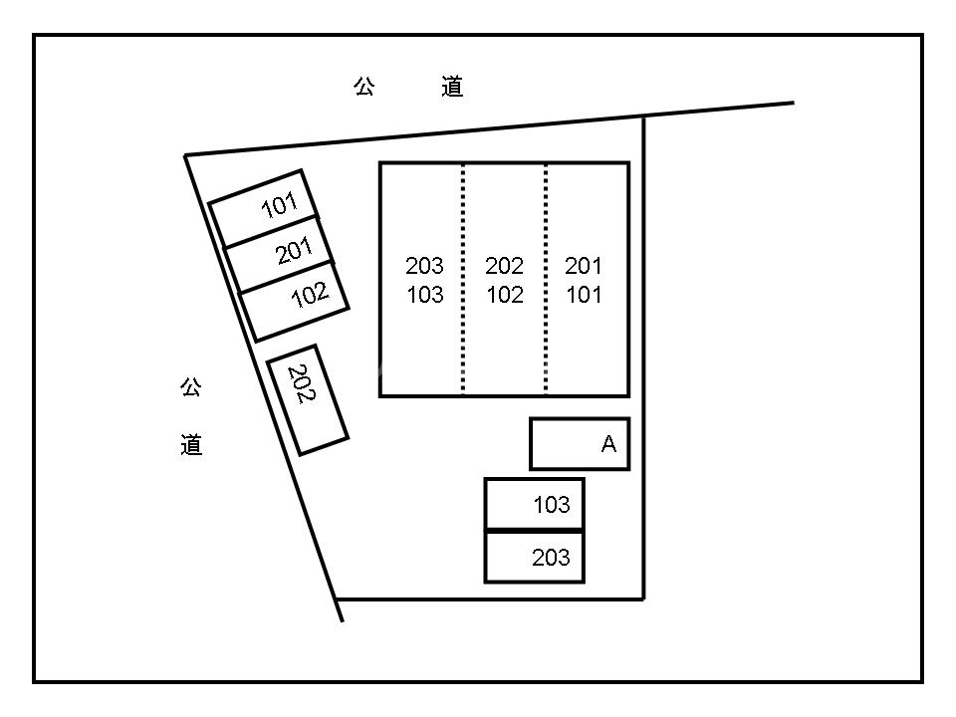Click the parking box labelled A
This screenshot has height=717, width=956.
pos(579,444)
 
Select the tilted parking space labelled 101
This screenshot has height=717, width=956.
pos(264,208)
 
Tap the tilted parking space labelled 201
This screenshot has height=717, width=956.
pos(280,253)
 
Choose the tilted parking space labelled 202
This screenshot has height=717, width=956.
pos(308,399)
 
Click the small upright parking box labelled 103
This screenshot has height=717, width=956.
pos(534,504)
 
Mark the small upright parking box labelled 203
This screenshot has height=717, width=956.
pos(534,558)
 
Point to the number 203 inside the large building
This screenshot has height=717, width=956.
pos(424,266)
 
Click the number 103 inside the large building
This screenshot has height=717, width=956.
pos(424,296)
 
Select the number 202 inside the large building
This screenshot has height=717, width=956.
pos(504,266)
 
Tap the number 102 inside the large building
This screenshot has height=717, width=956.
pos(504,296)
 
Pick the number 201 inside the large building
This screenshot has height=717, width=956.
pos(584,266)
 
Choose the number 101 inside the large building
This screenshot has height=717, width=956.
pos(584,296)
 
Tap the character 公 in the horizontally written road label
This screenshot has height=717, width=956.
pos(363,88)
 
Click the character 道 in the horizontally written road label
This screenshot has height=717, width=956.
pos(452,88)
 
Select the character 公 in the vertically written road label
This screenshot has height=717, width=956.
pos(191,387)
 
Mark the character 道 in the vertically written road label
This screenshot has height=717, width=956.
pos(191,445)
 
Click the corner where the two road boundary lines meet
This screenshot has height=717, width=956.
pos(186,155)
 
